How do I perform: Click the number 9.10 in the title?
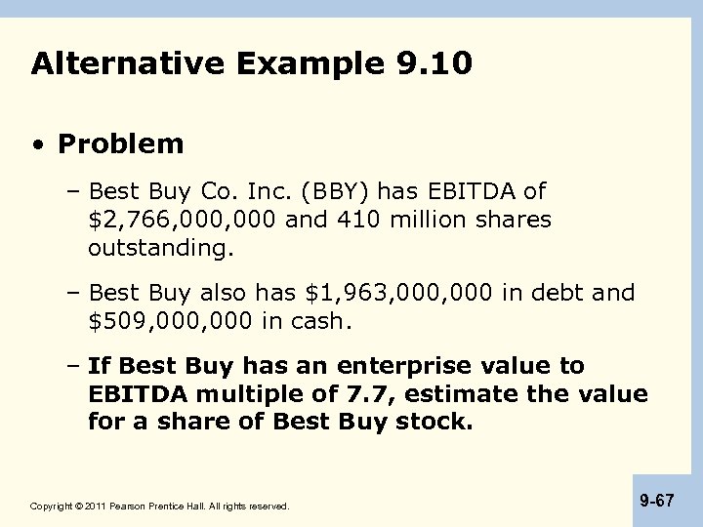(435, 64)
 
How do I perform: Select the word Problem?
(120, 144)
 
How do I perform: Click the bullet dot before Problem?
(37, 145)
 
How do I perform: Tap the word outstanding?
(160, 248)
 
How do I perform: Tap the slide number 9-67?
(657, 500)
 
